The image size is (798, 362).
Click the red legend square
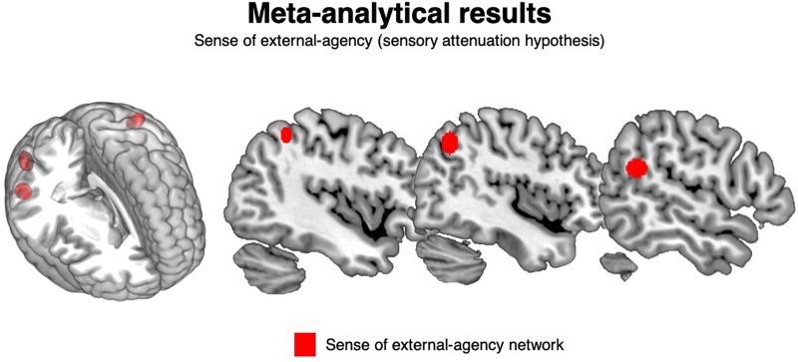(x=305, y=343)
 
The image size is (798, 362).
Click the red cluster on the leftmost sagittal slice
(x=287, y=134)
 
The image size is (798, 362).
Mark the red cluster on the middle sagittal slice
(x=449, y=143)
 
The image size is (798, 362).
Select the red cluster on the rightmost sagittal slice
(x=635, y=169)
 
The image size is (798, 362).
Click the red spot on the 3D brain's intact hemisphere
(x=135, y=121)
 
